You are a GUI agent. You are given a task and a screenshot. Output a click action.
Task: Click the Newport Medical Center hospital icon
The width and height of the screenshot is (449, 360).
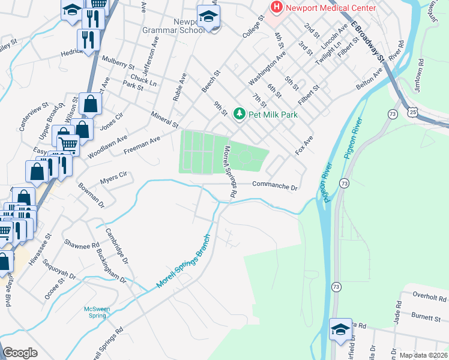pyautogui.click(x=277, y=8)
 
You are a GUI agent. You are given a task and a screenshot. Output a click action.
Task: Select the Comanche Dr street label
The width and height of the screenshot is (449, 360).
pyautogui.click(x=275, y=186)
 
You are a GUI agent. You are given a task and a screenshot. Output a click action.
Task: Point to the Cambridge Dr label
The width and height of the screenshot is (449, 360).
pyautogui.click(x=116, y=246)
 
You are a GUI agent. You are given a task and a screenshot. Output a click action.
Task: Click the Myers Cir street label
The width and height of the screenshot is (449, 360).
pyautogui.click(x=114, y=176)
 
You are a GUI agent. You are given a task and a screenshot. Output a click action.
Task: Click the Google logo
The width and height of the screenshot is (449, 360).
pyautogui.click(x=20, y=353)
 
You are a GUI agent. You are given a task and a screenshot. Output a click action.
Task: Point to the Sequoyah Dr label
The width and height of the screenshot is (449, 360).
pyautogui.click(x=64, y=272)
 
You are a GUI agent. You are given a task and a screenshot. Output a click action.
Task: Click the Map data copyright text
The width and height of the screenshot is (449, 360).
pyautogui.click(x=423, y=355)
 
